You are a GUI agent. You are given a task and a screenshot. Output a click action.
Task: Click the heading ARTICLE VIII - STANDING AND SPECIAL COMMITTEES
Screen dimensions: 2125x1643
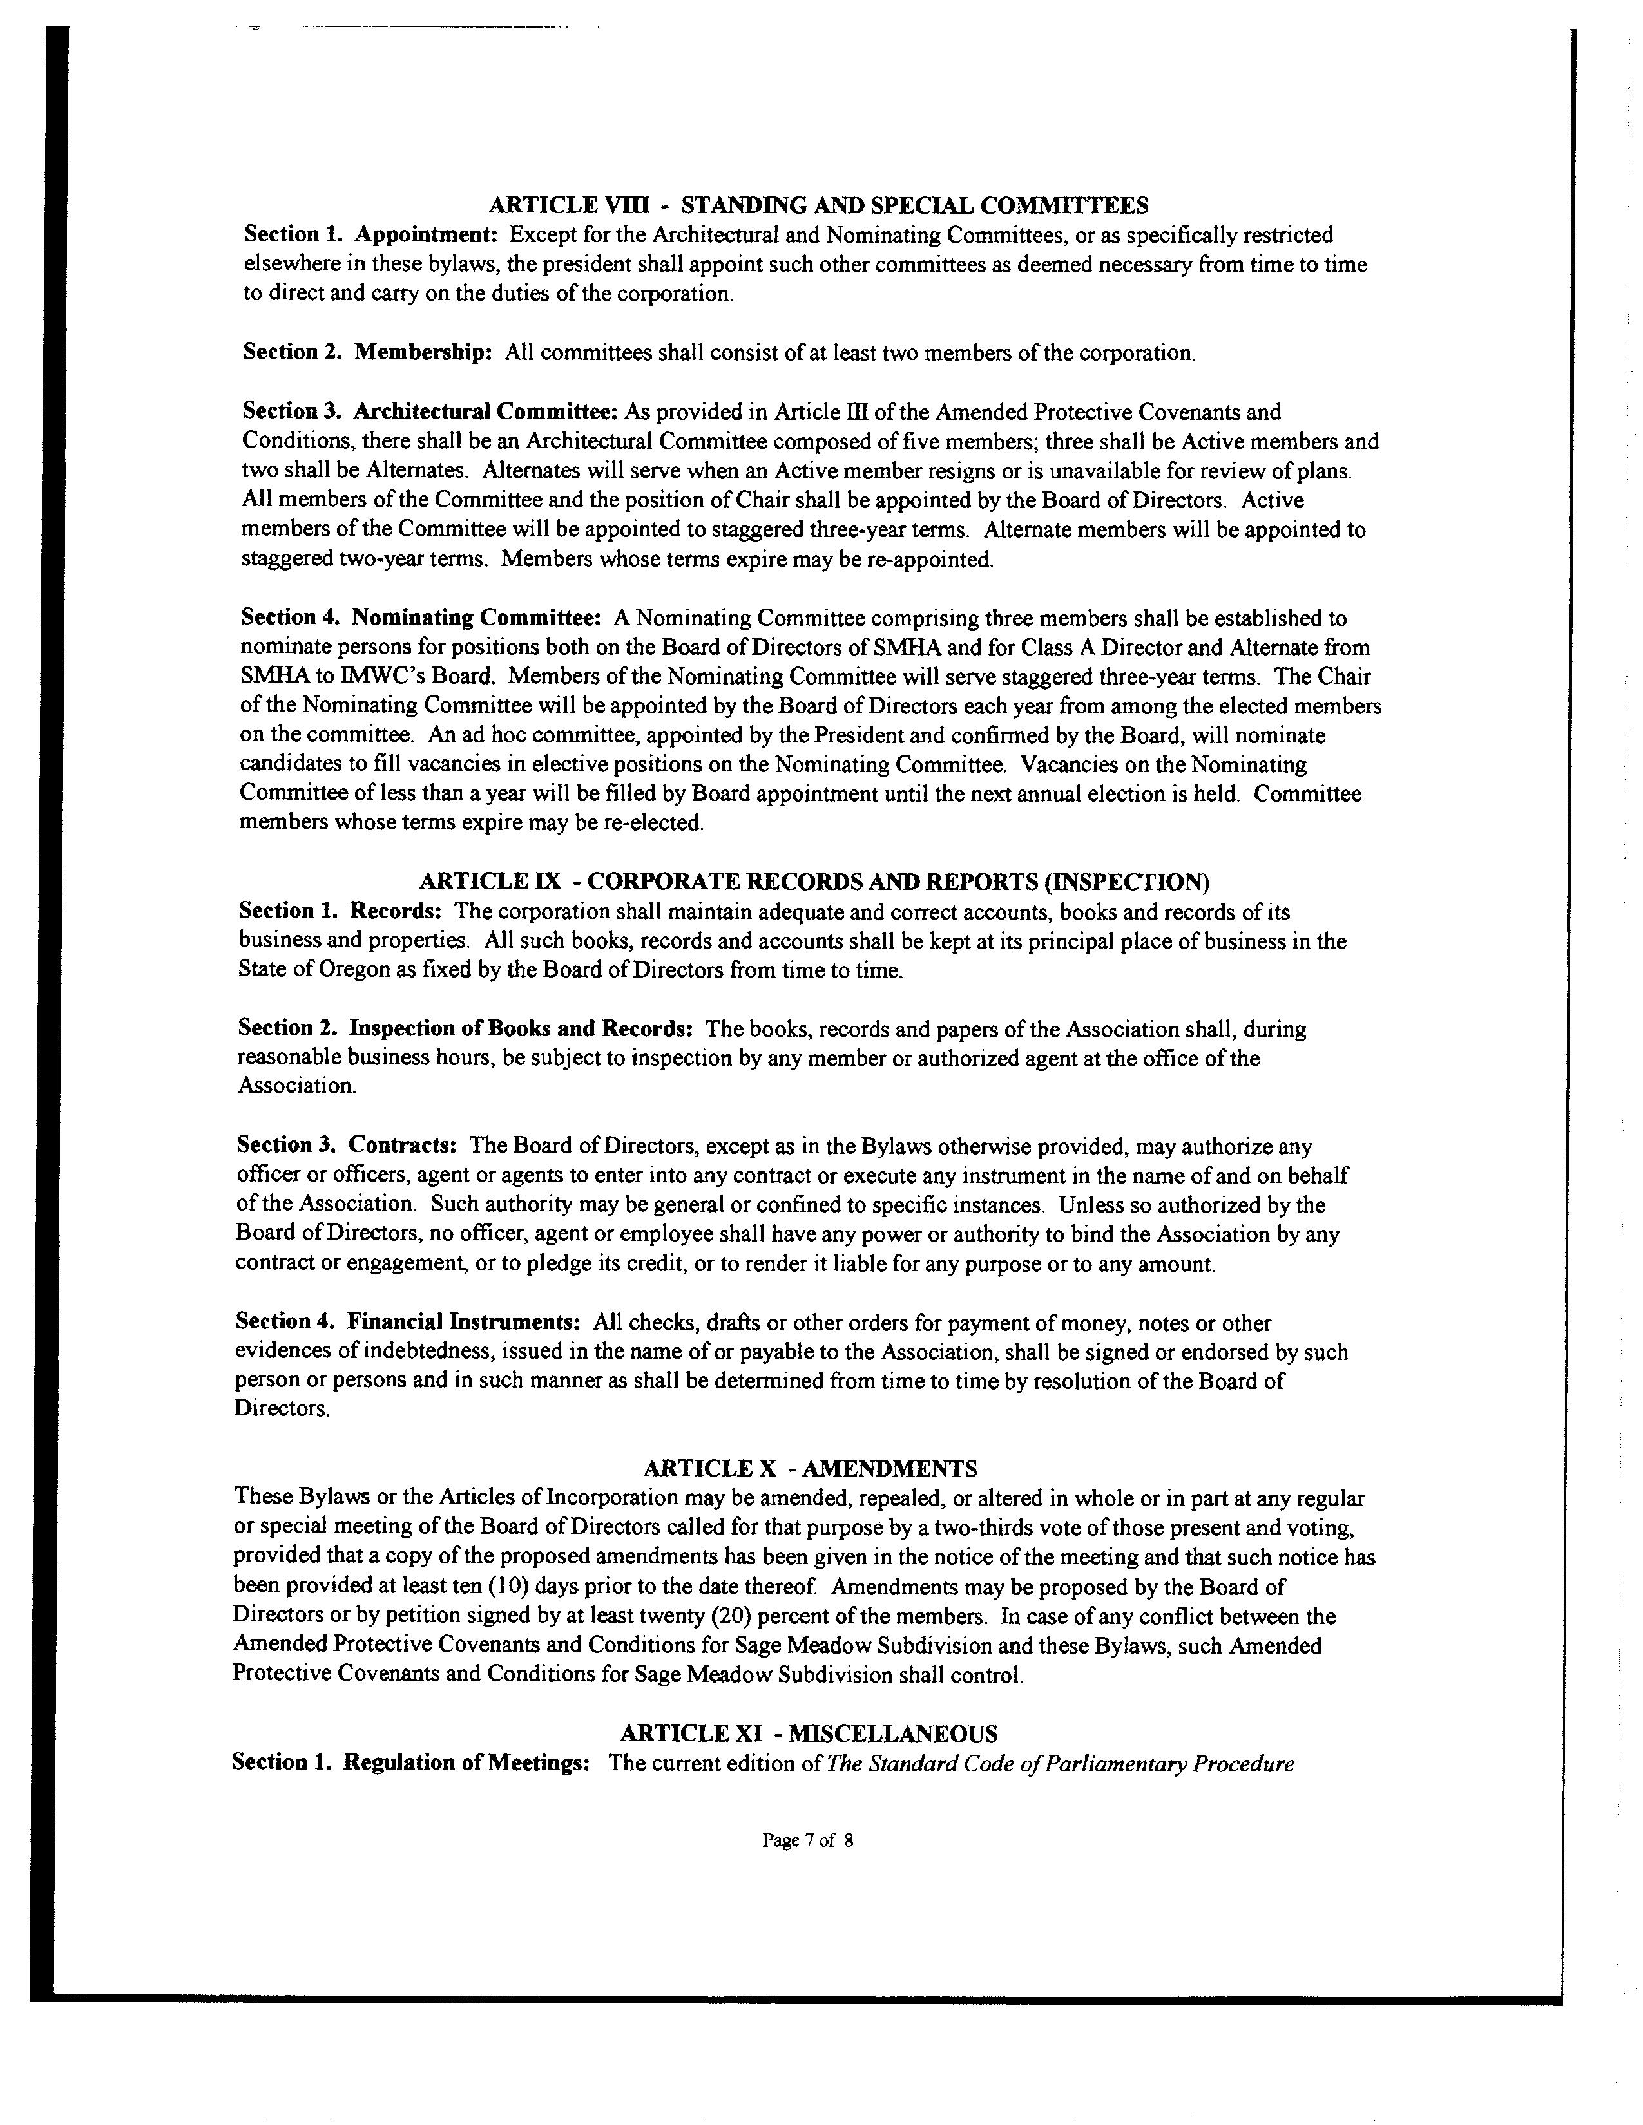coord(818,205)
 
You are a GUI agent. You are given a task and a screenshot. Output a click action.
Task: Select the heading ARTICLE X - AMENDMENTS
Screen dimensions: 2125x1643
coord(810,1468)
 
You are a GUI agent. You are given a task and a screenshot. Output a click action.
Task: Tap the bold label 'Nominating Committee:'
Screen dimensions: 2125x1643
coord(475,618)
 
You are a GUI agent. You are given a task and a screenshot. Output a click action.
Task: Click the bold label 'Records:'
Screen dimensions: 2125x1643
coord(396,912)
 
